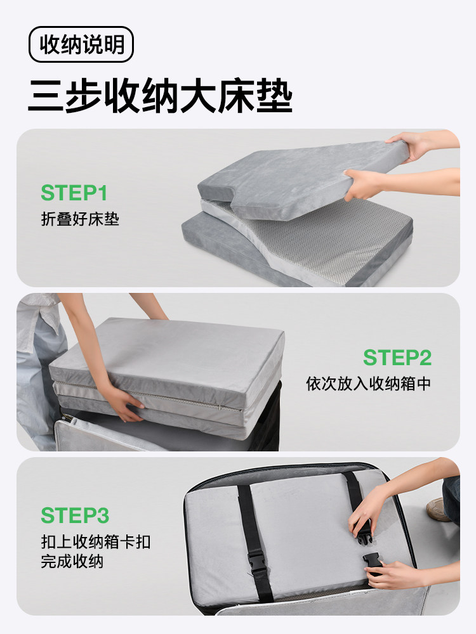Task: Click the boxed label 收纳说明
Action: coord(81,44)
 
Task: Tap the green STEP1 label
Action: coord(74,193)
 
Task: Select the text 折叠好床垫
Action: coord(79,219)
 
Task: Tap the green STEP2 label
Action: coord(397,358)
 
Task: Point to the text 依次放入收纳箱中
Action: coord(368,384)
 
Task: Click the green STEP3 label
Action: coord(74,515)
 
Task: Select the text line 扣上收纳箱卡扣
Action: coord(96,543)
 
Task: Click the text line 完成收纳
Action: coord(72,562)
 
